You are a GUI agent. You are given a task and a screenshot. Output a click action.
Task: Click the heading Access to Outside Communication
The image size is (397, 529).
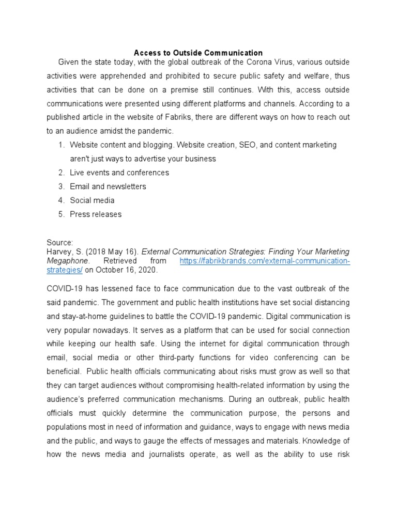click(x=198, y=53)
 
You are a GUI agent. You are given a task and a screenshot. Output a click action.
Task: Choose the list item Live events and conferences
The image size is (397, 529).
click(x=119, y=173)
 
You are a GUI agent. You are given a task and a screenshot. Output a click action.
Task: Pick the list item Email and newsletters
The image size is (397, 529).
click(x=108, y=186)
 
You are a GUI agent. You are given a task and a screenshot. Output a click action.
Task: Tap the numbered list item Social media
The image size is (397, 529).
click(x=92, y=200)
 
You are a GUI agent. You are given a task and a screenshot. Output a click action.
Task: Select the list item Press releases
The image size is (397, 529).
click(x=96, y=214)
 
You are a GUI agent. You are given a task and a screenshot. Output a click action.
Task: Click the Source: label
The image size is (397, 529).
click(x=60, y=242)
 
